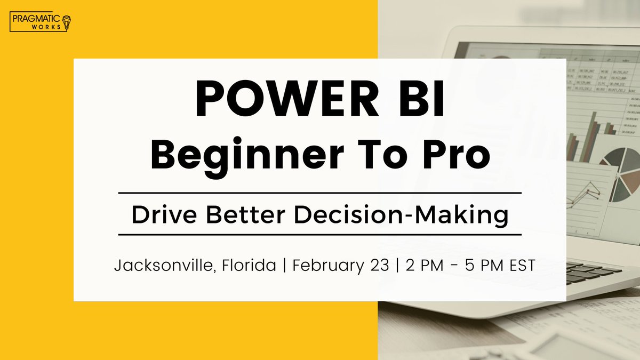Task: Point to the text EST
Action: (x=519, y=265)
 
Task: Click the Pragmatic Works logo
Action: (x=41, y=22)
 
